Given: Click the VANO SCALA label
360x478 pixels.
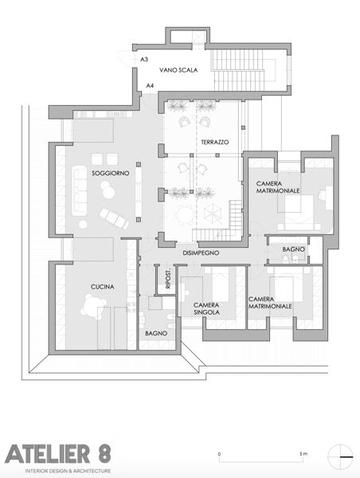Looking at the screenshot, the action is coord(178,70).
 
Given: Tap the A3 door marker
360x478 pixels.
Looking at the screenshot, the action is coord(144,59).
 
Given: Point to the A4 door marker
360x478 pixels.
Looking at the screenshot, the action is coord(150,86).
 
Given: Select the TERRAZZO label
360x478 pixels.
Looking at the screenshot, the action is coord(215,142).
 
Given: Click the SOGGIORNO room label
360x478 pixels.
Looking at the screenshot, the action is coord(111,173).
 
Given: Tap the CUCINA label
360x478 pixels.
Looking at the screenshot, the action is coord(103,287).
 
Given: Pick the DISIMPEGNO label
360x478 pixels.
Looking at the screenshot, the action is coord(201,253).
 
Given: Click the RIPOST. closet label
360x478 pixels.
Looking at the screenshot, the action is coord(168,279).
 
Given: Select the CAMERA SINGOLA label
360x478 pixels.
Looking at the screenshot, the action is coord(206,308).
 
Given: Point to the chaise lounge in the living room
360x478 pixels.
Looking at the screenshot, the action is coord(114,218).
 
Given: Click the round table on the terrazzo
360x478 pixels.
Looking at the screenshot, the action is coord(186,215).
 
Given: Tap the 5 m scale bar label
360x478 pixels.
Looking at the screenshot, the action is coord(303,453).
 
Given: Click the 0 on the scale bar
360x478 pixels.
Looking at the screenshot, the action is coord(219,454).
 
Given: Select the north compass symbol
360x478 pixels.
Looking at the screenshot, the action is coord(340,456).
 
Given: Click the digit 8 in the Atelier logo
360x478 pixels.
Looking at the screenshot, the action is coord(104,453).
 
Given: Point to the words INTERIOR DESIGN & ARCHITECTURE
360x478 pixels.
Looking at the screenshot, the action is coord(68,471).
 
